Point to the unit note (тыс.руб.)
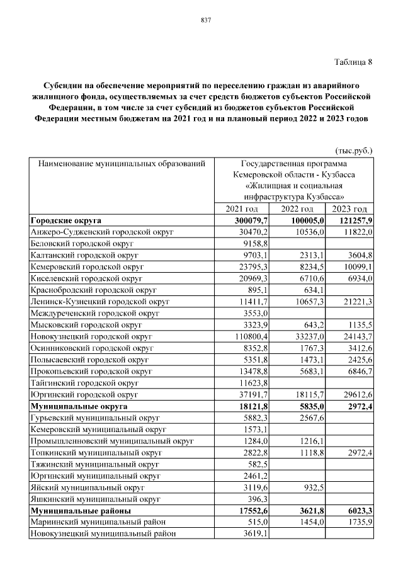[353, 151]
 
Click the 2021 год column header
[242, 209]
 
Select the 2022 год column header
[297, 209]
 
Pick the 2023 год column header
[349, 209]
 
